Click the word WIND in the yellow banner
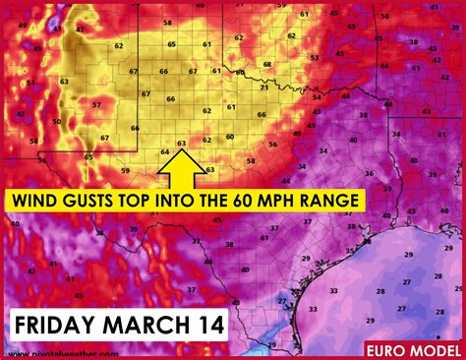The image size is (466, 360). [36, 200]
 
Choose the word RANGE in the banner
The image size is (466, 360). [337, 200]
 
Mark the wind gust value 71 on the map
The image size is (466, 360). [263, 88]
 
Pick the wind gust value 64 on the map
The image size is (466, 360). [164, 152]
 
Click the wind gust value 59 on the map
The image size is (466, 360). [125, 171]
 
